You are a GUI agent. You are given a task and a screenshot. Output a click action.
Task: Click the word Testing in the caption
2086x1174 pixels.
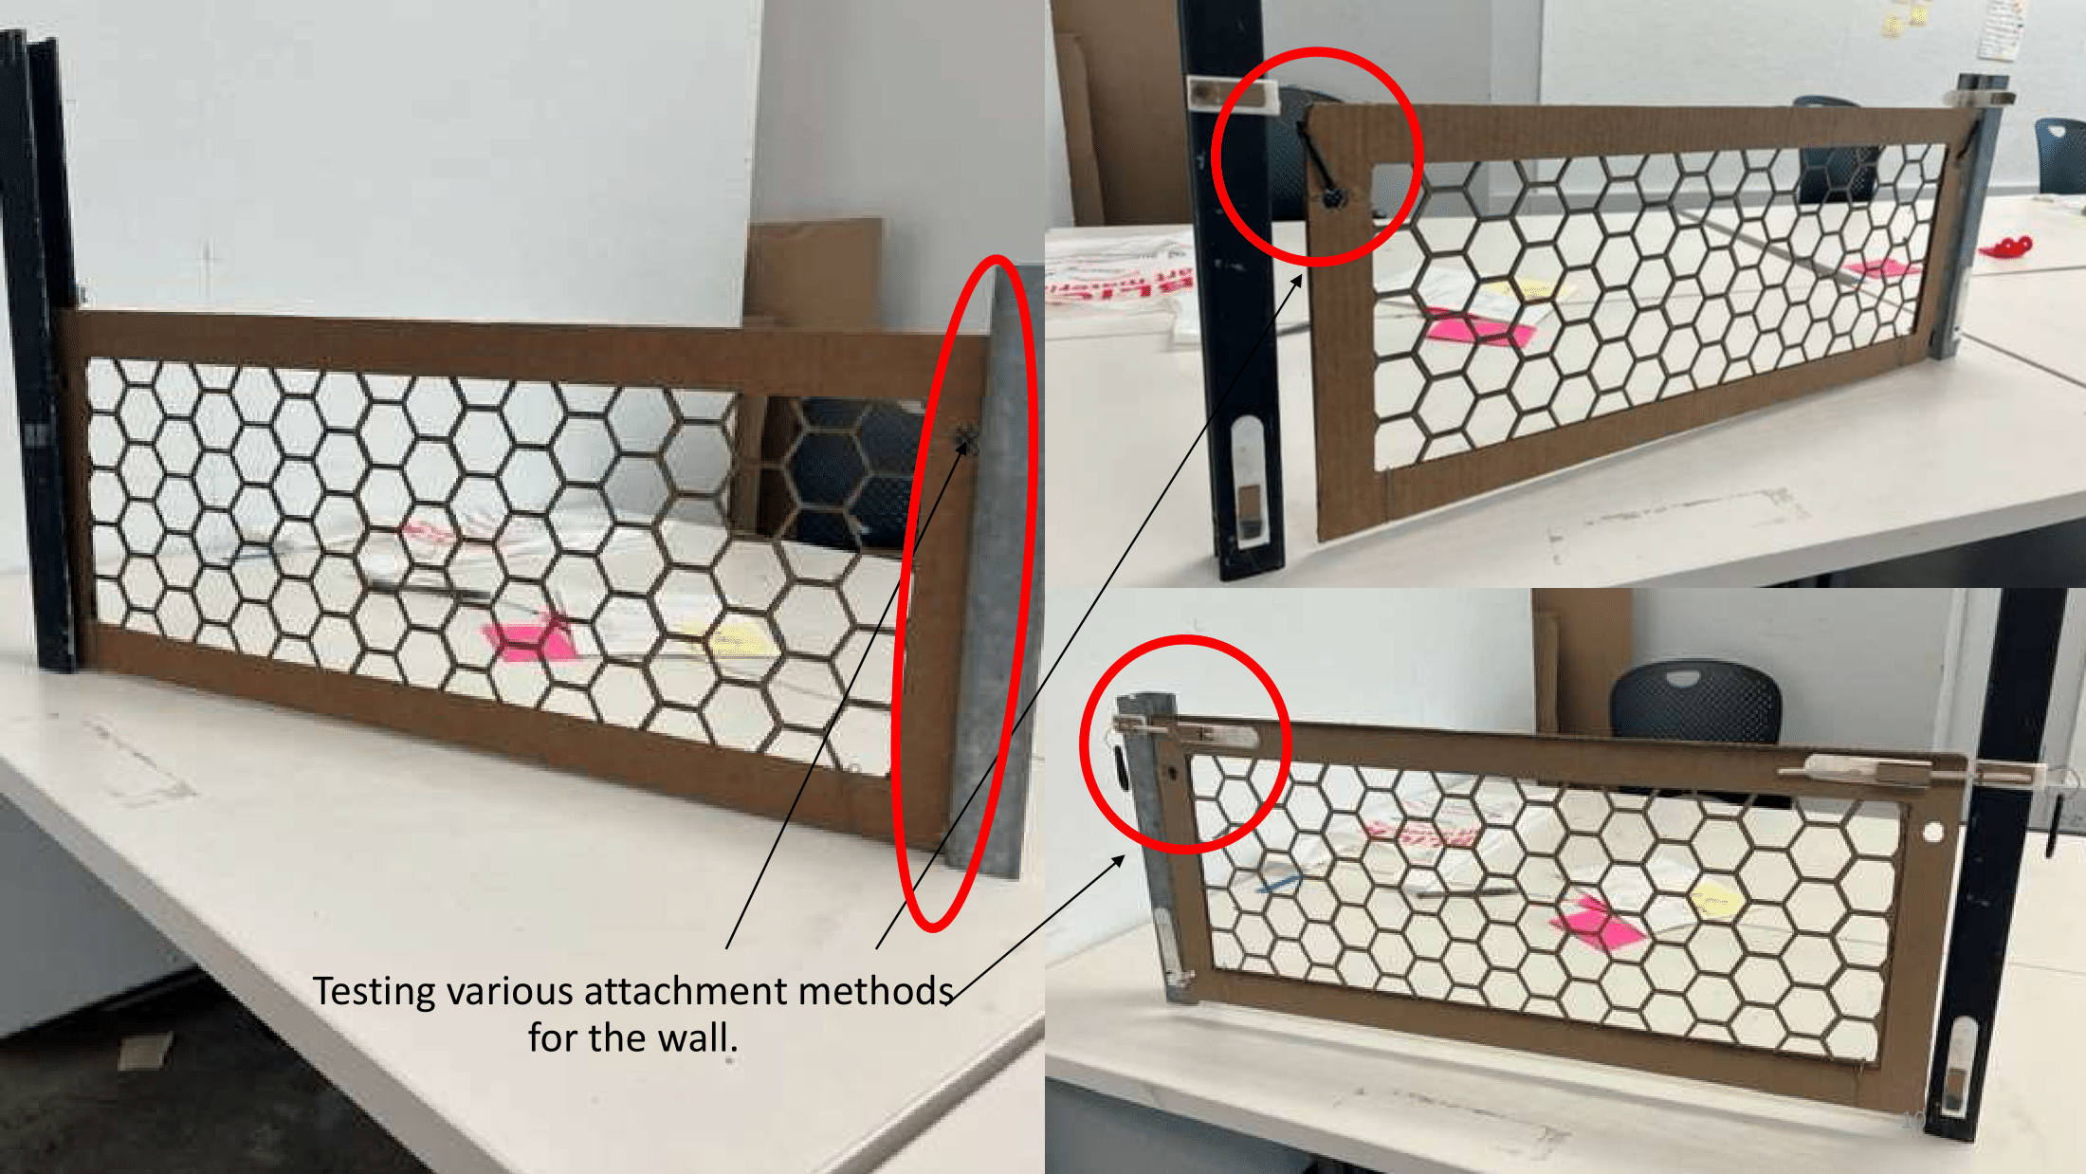coord(375,992)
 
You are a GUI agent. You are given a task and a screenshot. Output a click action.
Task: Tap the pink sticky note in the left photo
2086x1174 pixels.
coord(526,637)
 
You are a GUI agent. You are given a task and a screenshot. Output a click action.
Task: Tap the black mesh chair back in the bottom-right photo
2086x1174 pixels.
coord(1694,704)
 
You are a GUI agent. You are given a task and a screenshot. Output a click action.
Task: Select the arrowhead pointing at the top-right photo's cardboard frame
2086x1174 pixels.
coord(1297,282)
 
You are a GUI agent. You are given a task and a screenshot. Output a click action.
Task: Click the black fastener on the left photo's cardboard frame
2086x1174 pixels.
coord(965,439)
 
